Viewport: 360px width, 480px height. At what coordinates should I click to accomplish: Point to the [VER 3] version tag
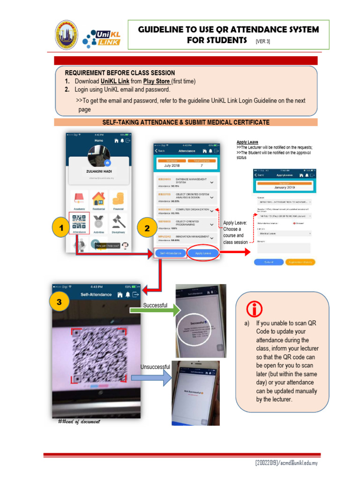coord(262,41)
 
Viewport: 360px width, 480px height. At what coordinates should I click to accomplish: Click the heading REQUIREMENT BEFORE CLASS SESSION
coord(120,73)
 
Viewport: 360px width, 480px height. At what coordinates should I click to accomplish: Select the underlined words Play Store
coord(157,81)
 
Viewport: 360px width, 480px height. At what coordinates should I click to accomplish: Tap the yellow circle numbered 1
coord(59,229)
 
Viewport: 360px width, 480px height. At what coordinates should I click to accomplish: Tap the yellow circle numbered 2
coord(147,229)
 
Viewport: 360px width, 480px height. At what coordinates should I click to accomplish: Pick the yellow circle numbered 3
coord(59,302)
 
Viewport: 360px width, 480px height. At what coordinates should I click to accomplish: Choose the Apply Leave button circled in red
coord(203,253)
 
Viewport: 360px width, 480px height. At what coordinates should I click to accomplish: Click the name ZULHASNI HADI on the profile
coord(98,172)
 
